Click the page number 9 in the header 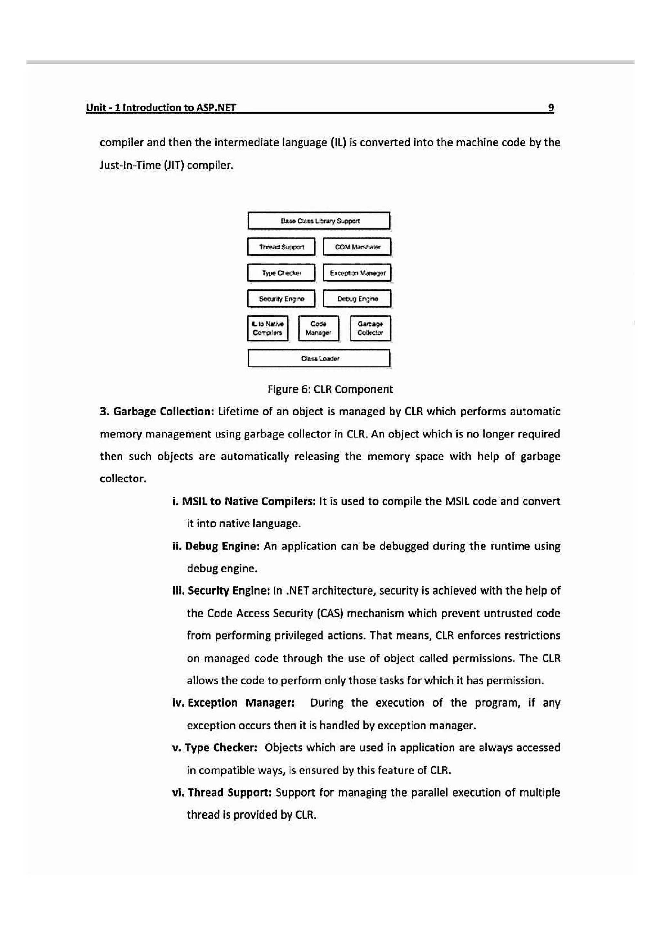pyautogui.click(x=551, y=107)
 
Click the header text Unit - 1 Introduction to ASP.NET pyautogui.click(x=161, y=107)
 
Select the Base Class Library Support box pyautogui.click(x=319, y=221)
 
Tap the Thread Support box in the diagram pyautogui.click(x=281, y=247)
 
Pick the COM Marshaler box pyautogui.click(x=357, y=247)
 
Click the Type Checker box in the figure pyautogui.click(x=281, y=273)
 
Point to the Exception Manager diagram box pyautogui.click(x=357, y=273)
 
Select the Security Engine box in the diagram pyautogui.click(x=281, y=298)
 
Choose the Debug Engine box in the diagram pyautogui.click(x=357, y=298)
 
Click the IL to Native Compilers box pyautogui.click(x=268, y=328)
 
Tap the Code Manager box pyautogui.click(x=318, y=328)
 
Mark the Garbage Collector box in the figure pyautogui.click(x=370, y=328)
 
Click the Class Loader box pyautogui.click(x=319, y=358)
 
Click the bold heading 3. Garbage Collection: pyautogui.click(x=157, y=411)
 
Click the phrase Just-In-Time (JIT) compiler pyautogui.click(x=167, y=165)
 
